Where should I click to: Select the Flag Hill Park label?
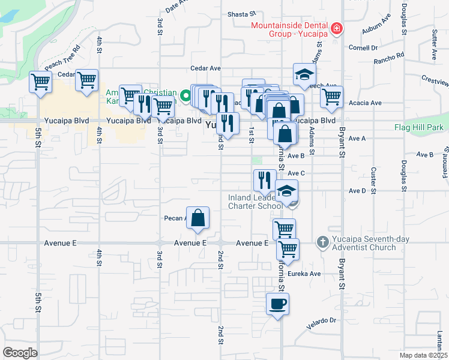[x=418, y=127]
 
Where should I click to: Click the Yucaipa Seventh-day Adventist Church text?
[x=363, y=243]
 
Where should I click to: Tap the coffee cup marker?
[x=277, y=304]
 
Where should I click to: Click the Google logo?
[x=20, y=352]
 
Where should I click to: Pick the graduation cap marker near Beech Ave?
[x=304, y=74]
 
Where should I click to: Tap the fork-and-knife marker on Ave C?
[x=265, y=179]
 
